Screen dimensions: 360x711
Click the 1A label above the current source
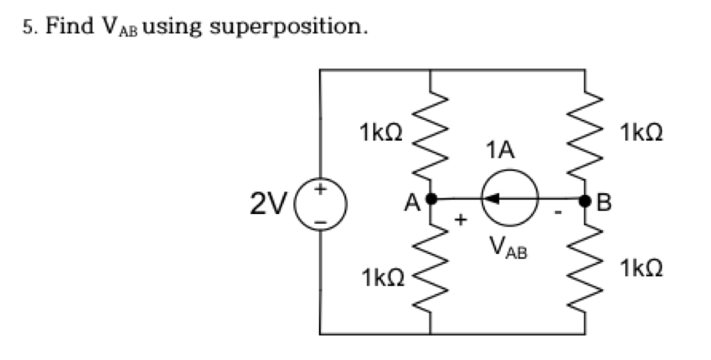501,152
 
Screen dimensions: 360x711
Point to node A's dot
431,198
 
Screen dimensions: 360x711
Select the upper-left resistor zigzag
431,137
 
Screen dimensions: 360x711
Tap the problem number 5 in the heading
27,27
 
